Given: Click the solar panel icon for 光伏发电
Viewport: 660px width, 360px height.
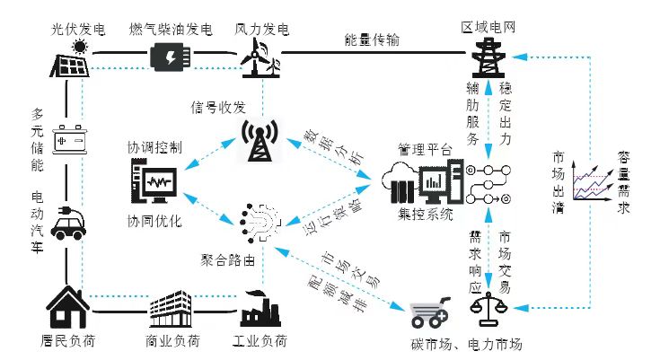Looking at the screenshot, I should pos(70,58).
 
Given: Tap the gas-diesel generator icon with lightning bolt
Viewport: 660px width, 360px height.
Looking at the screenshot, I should pos(168,57).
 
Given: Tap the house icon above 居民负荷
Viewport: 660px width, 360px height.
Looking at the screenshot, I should pos(69,308).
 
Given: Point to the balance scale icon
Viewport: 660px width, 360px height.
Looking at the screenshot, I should pos(488,309).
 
